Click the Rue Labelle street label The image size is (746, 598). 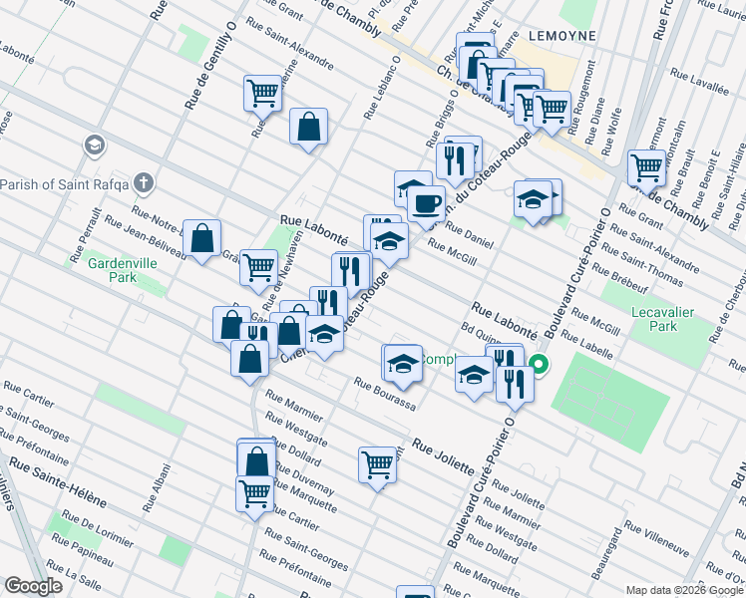tap(585, 343)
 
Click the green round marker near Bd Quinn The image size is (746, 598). tap(539, 364)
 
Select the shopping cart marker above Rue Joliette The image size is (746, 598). tap(377, 463)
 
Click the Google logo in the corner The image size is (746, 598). tap(32, 586)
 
